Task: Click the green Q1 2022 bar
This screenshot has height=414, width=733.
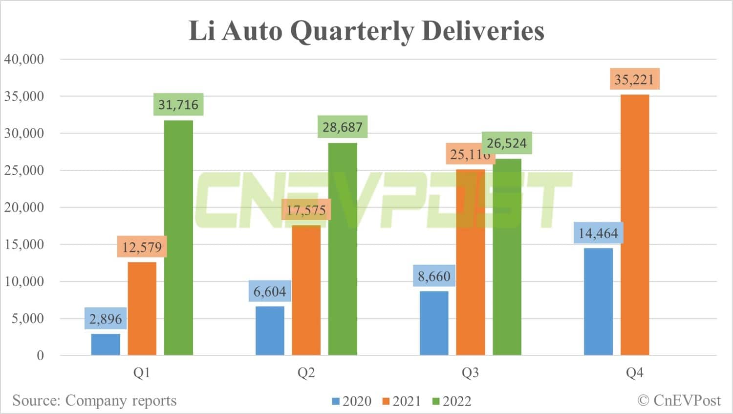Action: pos(178,237)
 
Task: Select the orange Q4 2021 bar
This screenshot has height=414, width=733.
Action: pos(635,225)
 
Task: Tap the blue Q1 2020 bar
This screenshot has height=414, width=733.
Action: pos(106,345)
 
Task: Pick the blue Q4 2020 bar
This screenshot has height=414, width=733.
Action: pos(598,301)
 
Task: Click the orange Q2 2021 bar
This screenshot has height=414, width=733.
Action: pos(306,290)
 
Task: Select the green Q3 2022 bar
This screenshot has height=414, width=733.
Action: pos(507,257)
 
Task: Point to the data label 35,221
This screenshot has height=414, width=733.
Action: pos(634,79)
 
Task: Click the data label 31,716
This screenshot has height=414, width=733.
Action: pos(178,104)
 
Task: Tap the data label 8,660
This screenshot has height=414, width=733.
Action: pos(434,276)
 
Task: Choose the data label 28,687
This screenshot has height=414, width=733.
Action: pos(343,127)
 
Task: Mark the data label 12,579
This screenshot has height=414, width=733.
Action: pos(142,247)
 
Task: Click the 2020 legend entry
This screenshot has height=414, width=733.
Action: pos(352,401)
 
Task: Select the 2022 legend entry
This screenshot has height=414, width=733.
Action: pos(452,401)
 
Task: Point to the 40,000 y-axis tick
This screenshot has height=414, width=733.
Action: pos(24,59)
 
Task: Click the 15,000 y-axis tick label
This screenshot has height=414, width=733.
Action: pos(24,244)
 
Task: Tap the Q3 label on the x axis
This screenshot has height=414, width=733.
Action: pos(470,373)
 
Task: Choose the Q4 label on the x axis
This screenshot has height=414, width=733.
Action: pos(634,373)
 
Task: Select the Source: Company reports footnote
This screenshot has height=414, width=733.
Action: pos(94,400)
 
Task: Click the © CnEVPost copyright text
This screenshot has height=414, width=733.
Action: pos(679,400)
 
